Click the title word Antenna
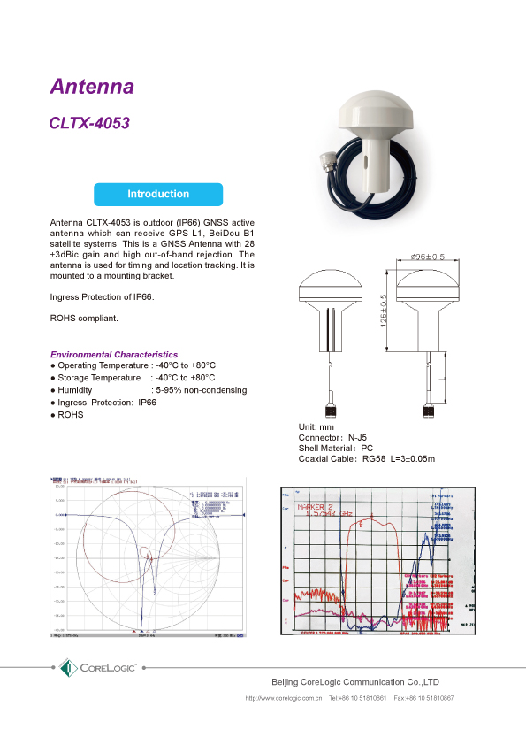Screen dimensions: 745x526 click(92, 87)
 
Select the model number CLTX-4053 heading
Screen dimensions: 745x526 click(89, 124)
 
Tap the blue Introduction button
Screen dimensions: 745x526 click(158, 194)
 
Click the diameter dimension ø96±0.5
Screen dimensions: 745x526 click(428, 257)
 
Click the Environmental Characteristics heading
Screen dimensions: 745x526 click(113, 354)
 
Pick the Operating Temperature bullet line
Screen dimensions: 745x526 click(133, 365)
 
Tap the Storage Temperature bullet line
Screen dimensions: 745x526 click(133, 378)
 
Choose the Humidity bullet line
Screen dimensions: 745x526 click(149, 390)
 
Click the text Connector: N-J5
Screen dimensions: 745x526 click(332, 438)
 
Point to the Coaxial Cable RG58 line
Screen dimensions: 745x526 click(367, 459)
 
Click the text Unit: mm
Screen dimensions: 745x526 click(316, 427)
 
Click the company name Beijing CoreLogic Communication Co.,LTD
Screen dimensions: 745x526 click(354, 682)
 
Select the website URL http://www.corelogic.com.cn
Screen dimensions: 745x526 click(283, 698)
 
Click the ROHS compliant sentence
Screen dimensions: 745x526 click(83, 318)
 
